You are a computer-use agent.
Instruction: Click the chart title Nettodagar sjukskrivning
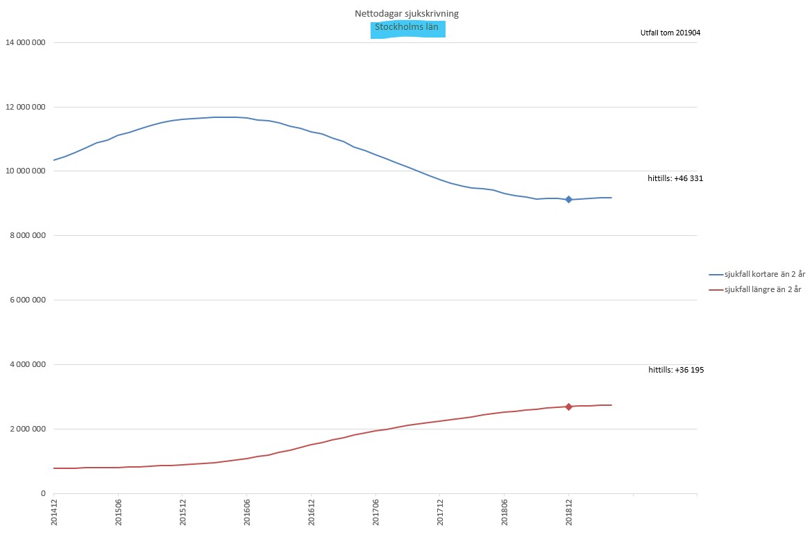coord(406,13)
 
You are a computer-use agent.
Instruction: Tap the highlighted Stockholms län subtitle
coord(407,28)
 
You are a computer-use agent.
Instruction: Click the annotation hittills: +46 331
coord(675,178)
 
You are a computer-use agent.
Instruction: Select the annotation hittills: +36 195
coord(676,370)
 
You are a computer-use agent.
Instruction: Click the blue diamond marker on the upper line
coord(568,199)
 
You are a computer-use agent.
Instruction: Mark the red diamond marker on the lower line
coord(568,407)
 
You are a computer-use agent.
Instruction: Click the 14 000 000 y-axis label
coord(26,43)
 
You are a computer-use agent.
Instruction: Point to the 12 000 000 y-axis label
coord(26,108)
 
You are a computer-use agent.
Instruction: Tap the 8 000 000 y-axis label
coord(28,236)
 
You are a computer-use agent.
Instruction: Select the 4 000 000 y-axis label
coord(28,365)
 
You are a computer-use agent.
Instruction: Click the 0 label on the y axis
coord(43,494)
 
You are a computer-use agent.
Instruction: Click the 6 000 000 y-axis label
coord(28,300)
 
